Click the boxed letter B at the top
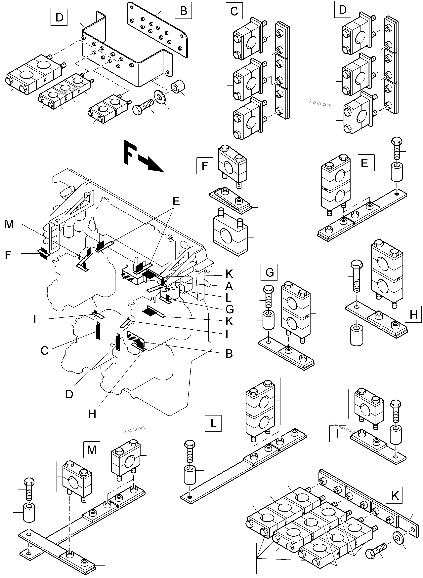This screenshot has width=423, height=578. tap(183, 11)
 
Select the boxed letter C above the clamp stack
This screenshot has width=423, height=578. tap(234, 11)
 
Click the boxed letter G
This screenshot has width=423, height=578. tap(269, 272)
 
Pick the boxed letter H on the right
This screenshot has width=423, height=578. tap(413, 314)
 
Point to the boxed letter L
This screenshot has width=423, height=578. tap(213, 424)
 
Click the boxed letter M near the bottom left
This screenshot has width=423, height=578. tap(92, 450)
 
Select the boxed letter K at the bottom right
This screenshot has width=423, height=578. tap(395, 496)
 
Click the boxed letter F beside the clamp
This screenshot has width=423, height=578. tap(205, 166)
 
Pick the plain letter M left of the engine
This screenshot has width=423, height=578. tap(9, 224)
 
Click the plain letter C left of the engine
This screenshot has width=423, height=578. tap(44, 350)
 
